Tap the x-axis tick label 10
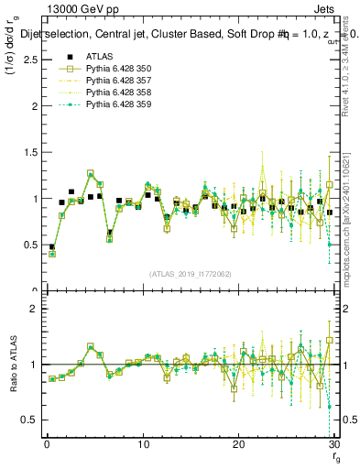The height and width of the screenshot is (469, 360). pos(143,445)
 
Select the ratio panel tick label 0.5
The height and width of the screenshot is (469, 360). pos(27,420)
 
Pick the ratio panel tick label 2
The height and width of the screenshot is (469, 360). pos(32,309)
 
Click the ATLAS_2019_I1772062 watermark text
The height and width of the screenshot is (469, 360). pos(189,274)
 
